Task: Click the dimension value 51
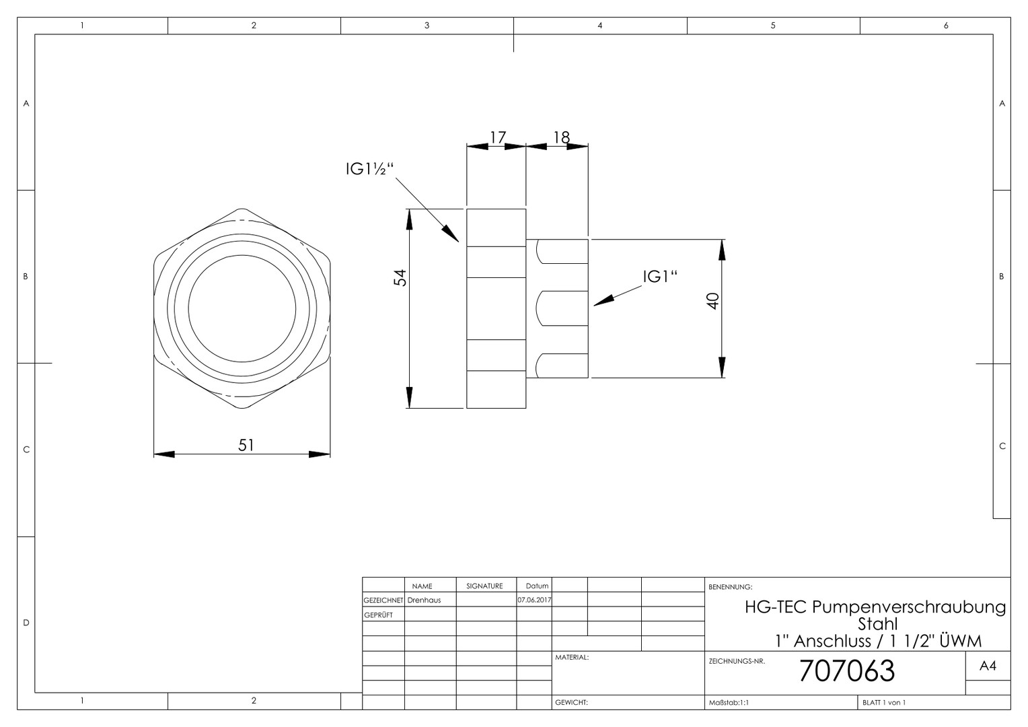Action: pos(246,444)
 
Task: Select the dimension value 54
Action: pos(400,278)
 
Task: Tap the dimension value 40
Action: pos(712,302)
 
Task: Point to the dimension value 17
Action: pos(498,137)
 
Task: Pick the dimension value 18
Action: pos(562,137)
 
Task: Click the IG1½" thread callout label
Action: pos(370,169)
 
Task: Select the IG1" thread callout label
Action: pos(660,277)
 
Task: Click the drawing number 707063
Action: pos(847,670)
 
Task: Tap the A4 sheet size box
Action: pos(988,666)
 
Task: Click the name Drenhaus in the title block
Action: pos(424,600)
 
